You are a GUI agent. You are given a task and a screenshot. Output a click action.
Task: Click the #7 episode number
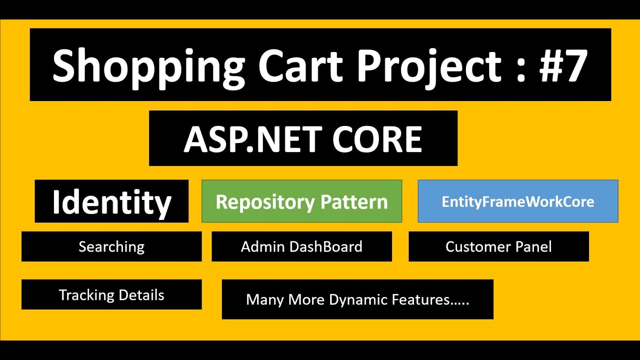pyautogui.click(x=562, y=65)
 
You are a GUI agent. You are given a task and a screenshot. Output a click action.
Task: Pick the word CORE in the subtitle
pyautogui.click(x=377, y=139)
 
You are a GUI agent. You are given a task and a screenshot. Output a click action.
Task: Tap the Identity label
pyautogui.click(x=111, y=202)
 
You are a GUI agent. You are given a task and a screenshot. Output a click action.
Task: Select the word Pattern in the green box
pyautogui.click(x=354, y=202)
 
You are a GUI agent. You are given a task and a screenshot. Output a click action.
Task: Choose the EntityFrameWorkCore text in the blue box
pyautogui.click(x=517, y=201)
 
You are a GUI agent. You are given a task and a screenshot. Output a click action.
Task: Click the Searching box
pyautogui.click(x=111, y=246)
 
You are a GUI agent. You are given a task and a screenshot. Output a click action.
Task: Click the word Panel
pyautogui.click(x=535, y=246)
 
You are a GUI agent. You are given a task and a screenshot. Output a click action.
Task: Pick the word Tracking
pyautogui.click(x=86, y=295)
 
